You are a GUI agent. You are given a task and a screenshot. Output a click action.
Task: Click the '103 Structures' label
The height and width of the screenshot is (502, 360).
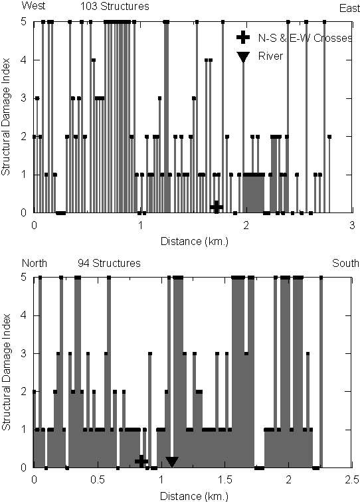click(x=115, y=7)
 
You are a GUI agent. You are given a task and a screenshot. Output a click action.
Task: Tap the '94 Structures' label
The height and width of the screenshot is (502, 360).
click(x=109, y=263)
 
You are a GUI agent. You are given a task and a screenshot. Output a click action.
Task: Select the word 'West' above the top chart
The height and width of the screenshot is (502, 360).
click(x=33, y=5)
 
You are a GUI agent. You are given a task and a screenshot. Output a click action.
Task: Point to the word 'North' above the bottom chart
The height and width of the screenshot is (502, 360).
click(x=35, y=263)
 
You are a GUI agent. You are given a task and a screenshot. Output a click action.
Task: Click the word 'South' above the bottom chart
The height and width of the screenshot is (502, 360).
click(x=345, y=263)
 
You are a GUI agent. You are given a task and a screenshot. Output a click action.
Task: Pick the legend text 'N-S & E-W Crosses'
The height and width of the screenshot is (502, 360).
click(x=305, y=38)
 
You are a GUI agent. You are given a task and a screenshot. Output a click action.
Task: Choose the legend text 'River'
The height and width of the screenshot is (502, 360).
click(x=270, y=56)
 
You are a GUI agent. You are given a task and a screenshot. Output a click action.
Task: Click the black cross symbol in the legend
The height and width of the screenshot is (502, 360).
click(x=243, y=38)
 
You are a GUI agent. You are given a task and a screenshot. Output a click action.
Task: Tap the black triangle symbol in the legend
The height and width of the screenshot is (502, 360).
click(x=243, y=57)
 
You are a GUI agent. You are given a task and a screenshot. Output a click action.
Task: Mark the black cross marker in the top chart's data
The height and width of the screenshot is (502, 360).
click(x=217, y=207)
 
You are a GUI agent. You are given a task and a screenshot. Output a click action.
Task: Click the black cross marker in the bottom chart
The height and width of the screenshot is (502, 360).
click(x=141, y=461)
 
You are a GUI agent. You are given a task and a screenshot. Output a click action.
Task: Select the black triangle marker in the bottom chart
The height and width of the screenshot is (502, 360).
click(x=171, y=461)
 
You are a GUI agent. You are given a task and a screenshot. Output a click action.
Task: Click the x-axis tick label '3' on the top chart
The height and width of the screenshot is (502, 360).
click(x=352, y=225)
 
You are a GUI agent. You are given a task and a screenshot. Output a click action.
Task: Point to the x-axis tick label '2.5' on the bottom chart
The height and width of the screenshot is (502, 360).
click(x=351, y=480)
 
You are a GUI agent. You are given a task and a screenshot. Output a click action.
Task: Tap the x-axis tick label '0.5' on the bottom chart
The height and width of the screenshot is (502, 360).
click(x=98, y=480)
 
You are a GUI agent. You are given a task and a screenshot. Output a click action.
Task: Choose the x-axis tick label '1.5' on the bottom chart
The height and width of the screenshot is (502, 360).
click(x=225, y=480)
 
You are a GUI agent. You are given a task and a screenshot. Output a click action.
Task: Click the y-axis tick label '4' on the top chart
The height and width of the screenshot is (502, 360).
click(x=23, y=60)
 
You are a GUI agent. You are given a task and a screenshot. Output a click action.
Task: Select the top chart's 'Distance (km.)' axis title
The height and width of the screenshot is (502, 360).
click(x=195, y=241)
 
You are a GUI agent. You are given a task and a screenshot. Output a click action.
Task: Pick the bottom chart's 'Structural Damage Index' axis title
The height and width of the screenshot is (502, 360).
click(x=6, y=372)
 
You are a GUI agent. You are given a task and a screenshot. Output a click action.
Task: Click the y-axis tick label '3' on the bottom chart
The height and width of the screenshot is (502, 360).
click(x=23, y=354)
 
